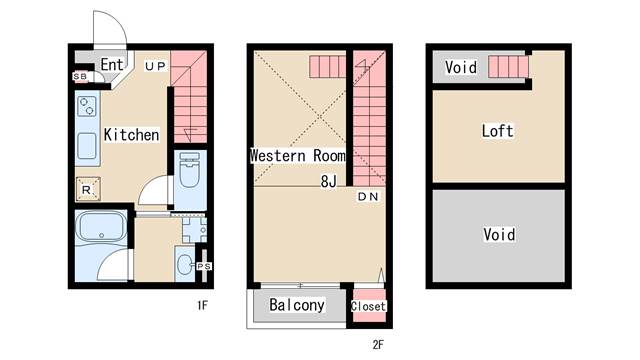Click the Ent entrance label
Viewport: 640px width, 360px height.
111,64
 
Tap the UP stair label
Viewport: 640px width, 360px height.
156,66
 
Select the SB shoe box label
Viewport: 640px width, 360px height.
80,76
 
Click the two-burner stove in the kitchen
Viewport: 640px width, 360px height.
87,106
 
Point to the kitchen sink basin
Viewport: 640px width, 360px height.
87,146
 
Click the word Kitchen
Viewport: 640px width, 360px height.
131,135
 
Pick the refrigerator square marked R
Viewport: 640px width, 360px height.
88,189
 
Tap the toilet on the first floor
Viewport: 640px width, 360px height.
189,169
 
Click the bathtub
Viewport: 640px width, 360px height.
102,226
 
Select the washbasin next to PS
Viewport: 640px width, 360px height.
185,264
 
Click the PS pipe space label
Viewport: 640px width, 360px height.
204,266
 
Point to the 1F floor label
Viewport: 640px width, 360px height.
202,305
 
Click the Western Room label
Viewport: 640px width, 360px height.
298,156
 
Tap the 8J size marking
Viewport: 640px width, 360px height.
329,181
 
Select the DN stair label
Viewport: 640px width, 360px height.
368,197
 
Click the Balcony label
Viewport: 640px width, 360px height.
297,305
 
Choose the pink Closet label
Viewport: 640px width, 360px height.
368,306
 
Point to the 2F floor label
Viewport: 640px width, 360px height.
378,345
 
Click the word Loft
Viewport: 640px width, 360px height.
497,131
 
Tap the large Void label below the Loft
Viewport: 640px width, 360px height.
499,235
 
